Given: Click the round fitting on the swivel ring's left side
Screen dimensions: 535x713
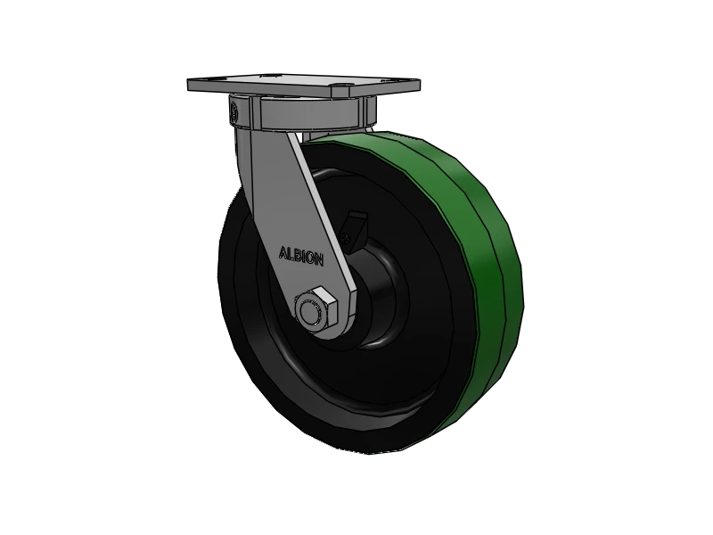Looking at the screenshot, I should [234, 113].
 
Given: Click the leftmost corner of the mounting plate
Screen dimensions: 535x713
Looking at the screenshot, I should [189, 86].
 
